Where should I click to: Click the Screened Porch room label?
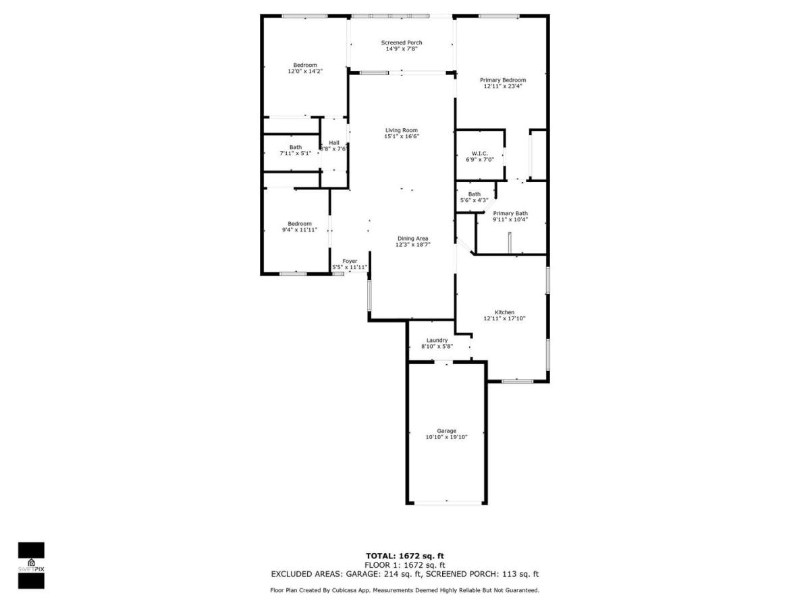click(402, 42)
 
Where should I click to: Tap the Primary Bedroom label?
click(503, 80)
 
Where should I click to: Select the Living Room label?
click(402, 130)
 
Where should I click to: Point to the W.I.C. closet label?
click(480, 153)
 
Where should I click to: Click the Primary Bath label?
click(510, 213)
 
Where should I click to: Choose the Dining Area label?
click(413, 239)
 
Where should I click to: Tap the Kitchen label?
click(504, 312)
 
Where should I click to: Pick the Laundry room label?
click(437, 340)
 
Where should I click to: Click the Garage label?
click(447, 431)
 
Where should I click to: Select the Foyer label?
click(350, 261)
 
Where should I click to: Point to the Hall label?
click(334, 142)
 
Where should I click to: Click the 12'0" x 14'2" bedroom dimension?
click(305, 71)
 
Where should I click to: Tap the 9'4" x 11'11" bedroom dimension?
click(300, 229)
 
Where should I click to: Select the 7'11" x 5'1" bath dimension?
click(296, 153)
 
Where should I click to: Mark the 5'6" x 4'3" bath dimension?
click(475, 200)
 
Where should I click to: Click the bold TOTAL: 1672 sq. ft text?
click(405, 556)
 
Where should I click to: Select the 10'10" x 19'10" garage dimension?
click(447, 437)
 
